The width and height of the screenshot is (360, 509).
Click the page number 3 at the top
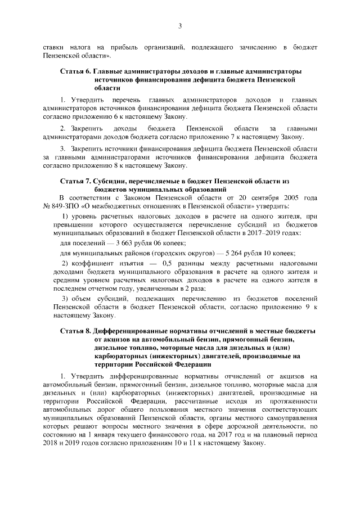tap(180, 25)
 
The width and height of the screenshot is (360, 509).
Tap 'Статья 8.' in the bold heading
tap(75, 330)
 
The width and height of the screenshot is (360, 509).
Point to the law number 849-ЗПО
tap(62, 206)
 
